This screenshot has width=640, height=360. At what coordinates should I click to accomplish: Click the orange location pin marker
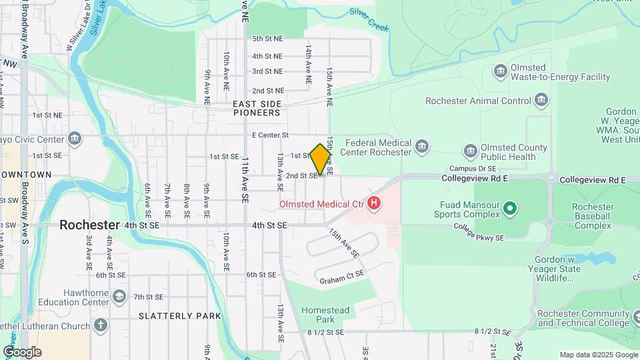pos(320,159)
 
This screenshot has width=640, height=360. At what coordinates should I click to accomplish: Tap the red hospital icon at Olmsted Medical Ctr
pos(374,202)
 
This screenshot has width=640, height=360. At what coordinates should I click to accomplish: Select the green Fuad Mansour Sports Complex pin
pos(510,209)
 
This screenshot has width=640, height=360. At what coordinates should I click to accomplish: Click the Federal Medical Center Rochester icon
pos(421,147)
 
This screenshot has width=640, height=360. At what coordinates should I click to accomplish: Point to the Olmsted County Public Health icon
pos(471,151)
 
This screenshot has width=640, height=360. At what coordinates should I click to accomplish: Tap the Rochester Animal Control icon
pos(541,101)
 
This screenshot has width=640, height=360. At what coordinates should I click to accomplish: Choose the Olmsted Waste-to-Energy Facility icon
pos(501,71)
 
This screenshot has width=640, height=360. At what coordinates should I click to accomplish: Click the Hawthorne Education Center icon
pos(119,297)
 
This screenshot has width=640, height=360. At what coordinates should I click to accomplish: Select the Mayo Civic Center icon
pos(74,139)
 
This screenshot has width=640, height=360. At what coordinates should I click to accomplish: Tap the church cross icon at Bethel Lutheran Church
pos(100,326)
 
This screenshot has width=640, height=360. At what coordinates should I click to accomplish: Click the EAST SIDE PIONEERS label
pos(257,108)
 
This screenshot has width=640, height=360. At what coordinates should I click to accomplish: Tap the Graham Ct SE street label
pos(342,276)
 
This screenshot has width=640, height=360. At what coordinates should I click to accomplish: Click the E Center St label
pos(269,135)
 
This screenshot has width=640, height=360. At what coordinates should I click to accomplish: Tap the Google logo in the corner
pos(22,351)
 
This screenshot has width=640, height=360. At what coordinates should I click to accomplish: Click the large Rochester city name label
pos(89,225)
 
